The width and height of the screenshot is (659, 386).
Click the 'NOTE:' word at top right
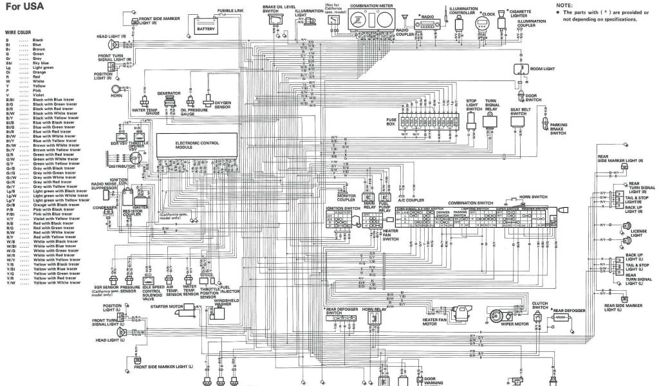coord(564,5)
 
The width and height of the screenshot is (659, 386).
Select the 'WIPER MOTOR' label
coord(514,324)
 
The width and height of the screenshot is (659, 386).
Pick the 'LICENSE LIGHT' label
coord(640,232)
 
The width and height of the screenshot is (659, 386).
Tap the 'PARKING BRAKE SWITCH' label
coord(558,129)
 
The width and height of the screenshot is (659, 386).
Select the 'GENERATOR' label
coord(168,93)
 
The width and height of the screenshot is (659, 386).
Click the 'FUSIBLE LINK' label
coord(230,11)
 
